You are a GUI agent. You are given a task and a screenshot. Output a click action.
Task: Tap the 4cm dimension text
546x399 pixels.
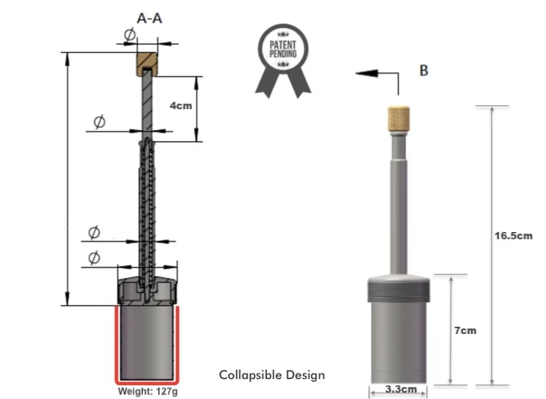click(x=181, y=106)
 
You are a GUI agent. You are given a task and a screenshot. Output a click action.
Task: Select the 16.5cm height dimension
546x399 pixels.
click(x=514, y=235)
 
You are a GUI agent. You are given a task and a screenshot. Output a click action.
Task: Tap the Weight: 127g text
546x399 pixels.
click(x=145, y=391)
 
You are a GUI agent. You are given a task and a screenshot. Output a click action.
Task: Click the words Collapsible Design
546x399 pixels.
click(x=272, y=375)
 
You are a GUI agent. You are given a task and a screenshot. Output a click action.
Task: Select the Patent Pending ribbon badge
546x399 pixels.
click(x=282, y=56)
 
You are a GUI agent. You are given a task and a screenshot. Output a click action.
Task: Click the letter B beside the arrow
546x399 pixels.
click(x=423, y=71)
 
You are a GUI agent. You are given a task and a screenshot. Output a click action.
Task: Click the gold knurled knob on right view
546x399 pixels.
click(x=399, y=120)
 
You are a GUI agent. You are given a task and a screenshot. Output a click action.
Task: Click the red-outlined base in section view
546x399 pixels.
click(x=146, y=344)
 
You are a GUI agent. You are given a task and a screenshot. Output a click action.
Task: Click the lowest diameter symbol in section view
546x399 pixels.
click(x=93, y=257)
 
